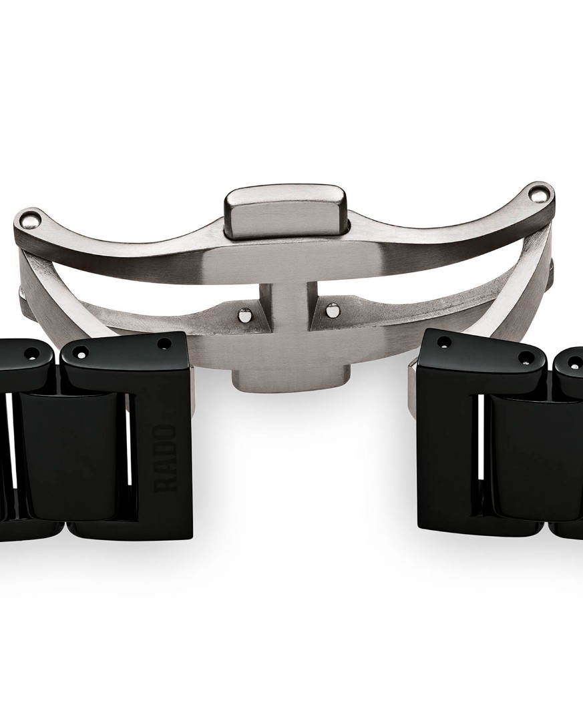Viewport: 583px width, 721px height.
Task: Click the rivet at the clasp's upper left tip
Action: [31, 222]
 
